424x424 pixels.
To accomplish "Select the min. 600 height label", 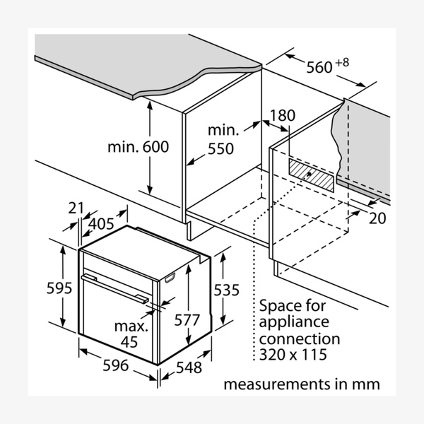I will pyautogui.click(x=139, y=147).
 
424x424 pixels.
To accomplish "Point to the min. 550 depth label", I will pyautogui.click(x=225, y=140).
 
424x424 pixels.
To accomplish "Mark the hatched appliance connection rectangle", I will pyautogui.click(x=312, y=174).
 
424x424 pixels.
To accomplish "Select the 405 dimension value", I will pyautogui.click(x=102, y=225).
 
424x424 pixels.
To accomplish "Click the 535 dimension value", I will pyautogui.click(x=226, y=289).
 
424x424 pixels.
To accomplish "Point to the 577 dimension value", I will pyautogui.click(x=187, y=319).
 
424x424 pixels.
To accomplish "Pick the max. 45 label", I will pyautogui.click(x=131, y=335).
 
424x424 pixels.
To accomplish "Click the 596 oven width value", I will pyautogui.click(x=115, y=365).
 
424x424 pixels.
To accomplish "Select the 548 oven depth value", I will pyautogui.click(x=189, y=368).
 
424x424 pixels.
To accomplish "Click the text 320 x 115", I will pyautogui.click(x=293, y=354).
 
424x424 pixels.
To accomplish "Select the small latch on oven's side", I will pyautogui.click(x=170, y=280).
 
